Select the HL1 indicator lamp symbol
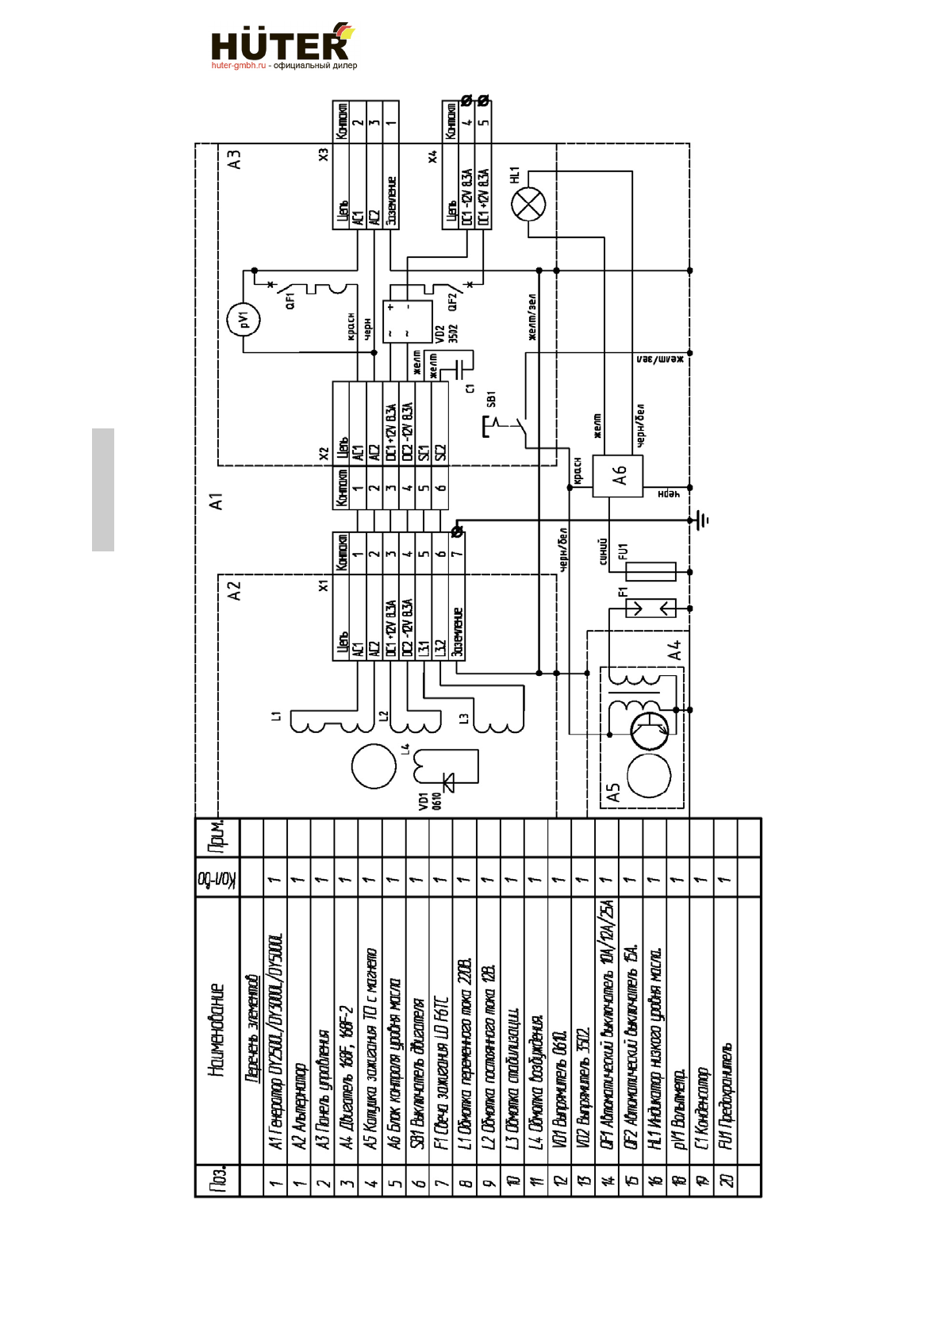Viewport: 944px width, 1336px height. [529, 206]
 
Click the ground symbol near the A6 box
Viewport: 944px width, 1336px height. [701, 520]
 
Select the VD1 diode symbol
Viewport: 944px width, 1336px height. [450, 783]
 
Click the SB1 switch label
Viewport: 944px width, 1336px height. [491, 398]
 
